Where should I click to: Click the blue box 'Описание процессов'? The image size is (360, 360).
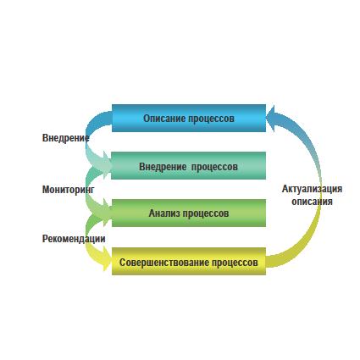189,118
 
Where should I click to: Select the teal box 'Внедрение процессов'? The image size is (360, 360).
188,166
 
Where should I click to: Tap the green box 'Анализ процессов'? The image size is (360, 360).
189,213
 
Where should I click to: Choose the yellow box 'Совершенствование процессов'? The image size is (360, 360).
189,262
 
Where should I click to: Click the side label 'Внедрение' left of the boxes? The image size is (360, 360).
65,138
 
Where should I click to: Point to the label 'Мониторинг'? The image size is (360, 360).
69,190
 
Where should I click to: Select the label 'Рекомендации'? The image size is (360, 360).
74,239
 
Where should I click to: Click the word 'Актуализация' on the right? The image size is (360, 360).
312,189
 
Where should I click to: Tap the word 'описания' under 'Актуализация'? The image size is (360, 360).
312,202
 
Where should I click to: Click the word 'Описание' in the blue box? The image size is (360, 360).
164,118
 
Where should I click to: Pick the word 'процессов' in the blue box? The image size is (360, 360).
212,119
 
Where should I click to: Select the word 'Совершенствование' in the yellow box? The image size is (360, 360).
164,263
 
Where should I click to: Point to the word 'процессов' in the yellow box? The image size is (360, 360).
235,263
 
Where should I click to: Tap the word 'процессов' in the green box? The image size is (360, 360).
206,213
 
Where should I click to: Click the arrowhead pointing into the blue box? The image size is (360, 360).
272,119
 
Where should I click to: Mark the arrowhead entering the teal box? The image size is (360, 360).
108,164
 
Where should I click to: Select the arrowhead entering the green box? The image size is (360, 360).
108,212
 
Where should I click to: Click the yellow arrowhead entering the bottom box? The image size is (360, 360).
108,258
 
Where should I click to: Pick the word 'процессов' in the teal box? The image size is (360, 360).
214,167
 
